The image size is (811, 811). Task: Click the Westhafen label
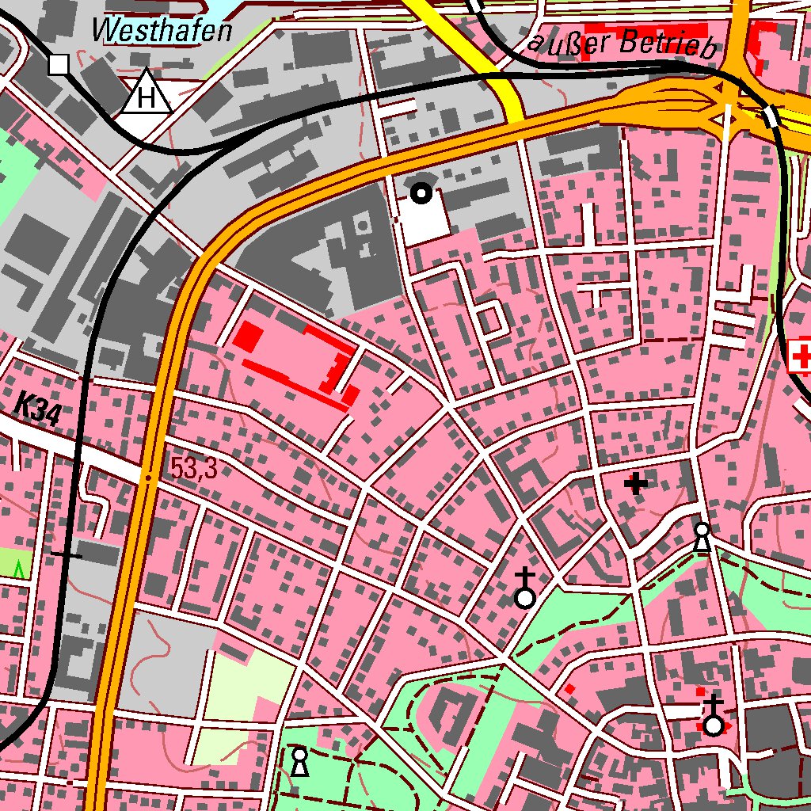[162, 30]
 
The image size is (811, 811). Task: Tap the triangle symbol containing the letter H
[147, 95]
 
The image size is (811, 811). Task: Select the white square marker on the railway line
[59, 64]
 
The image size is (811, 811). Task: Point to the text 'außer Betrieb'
[623, 43]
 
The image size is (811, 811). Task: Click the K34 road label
[37, 411]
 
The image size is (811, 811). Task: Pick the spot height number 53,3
[193, 470]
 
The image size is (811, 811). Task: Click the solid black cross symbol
[635, 482]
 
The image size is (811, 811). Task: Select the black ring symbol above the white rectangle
[421, 192]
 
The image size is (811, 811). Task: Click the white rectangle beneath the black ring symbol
[423, 218]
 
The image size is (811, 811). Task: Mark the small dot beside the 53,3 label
[147, 477]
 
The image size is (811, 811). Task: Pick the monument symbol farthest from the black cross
[299, 761]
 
